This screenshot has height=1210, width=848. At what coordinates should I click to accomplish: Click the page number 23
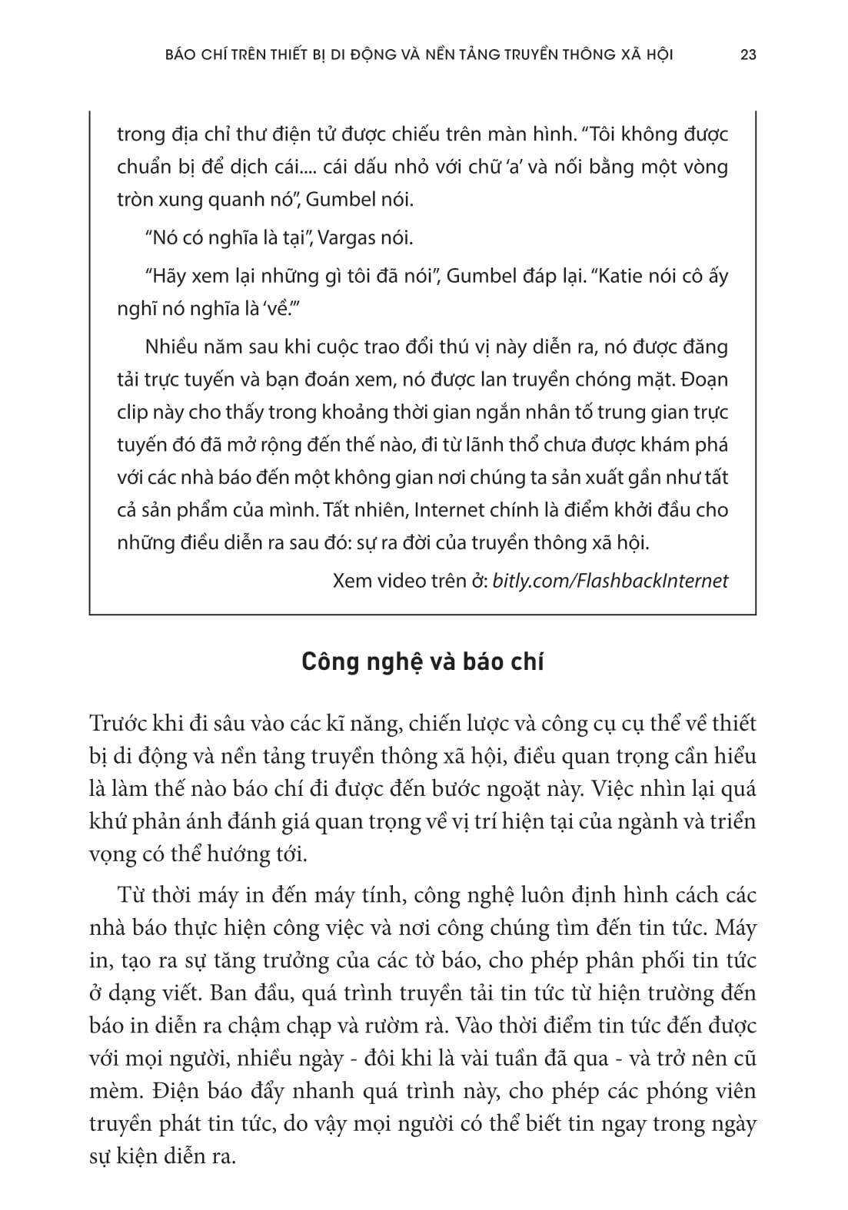click(x=747, y=55)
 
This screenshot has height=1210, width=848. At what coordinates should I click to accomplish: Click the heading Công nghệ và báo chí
click(x=422, y=662)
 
